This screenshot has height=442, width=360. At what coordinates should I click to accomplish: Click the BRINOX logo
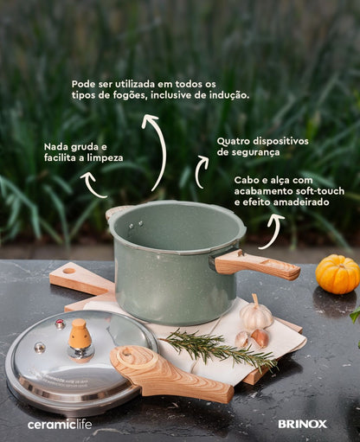(x=302, y=424)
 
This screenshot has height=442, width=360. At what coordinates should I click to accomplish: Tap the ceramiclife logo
(x=60, y=424)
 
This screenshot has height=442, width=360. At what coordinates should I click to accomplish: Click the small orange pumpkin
(x=337, y=274)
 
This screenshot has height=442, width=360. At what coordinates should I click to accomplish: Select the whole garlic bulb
(x=256, y=313)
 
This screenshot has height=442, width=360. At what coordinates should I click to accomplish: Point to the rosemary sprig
(x=219, y=349)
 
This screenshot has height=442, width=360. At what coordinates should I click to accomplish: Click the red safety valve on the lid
(x=60, y=323)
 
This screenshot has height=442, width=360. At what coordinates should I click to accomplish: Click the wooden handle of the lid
(x=170, y=374)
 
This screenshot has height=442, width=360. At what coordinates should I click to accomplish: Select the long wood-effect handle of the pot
(x=258, y=266)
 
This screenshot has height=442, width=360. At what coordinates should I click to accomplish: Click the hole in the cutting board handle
(x=69, y=271)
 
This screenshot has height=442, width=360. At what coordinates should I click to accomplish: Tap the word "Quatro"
(x=233, y=142)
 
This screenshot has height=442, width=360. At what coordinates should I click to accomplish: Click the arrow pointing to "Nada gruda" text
(x=93, y=186)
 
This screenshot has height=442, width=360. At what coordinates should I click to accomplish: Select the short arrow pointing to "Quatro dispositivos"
(x=199, y=171)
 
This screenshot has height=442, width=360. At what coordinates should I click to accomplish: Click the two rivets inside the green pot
(x=136, y=225)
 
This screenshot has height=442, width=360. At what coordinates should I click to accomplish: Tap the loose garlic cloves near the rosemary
(x=252, y=338)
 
